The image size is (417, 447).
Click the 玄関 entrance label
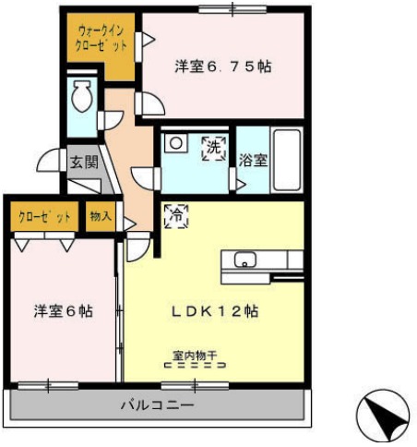coord(83,162)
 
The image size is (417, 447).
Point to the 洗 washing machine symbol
coord(213,146)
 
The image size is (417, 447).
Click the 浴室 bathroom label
coord(253,160)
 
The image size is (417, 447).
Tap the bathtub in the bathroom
coord(288,158)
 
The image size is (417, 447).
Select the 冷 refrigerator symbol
coord(173,218)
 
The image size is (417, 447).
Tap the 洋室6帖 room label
coord(64,311)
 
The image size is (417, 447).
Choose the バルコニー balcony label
coord(155,405)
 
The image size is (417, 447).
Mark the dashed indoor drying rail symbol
coord(194,365)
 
